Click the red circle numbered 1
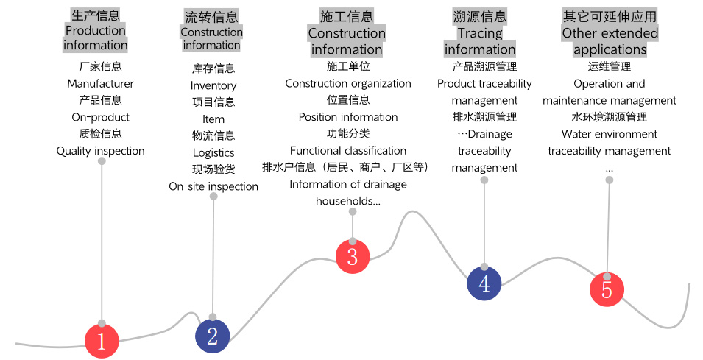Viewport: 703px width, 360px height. pos(102,341)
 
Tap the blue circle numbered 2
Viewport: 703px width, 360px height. pos(213,336)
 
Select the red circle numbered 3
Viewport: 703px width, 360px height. pos(353,256)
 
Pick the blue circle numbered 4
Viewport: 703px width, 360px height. pos(484,283)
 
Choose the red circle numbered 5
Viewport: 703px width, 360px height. pos(607,289)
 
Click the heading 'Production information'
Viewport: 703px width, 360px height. pos(96,38)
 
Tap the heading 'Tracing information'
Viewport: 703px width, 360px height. pos(480,41)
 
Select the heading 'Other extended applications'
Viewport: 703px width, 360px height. pos(610,41)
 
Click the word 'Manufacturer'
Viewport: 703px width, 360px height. pos(101,83)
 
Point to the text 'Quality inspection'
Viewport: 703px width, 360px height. pos(101,151)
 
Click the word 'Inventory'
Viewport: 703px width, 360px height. pos(213,85)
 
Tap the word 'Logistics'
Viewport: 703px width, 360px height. pos(213,153)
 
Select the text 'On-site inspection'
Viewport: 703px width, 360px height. pos(213,186)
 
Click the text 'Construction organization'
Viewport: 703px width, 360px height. pos(348,83)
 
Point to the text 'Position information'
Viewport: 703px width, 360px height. pos(348,117)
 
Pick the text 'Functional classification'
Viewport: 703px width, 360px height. pos(348,151)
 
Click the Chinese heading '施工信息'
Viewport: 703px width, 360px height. pos(347,16)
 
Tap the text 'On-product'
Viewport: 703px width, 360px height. pos(101,117)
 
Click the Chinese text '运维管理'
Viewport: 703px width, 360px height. pos(610,66)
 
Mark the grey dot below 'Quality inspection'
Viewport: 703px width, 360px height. pos(102,162)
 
